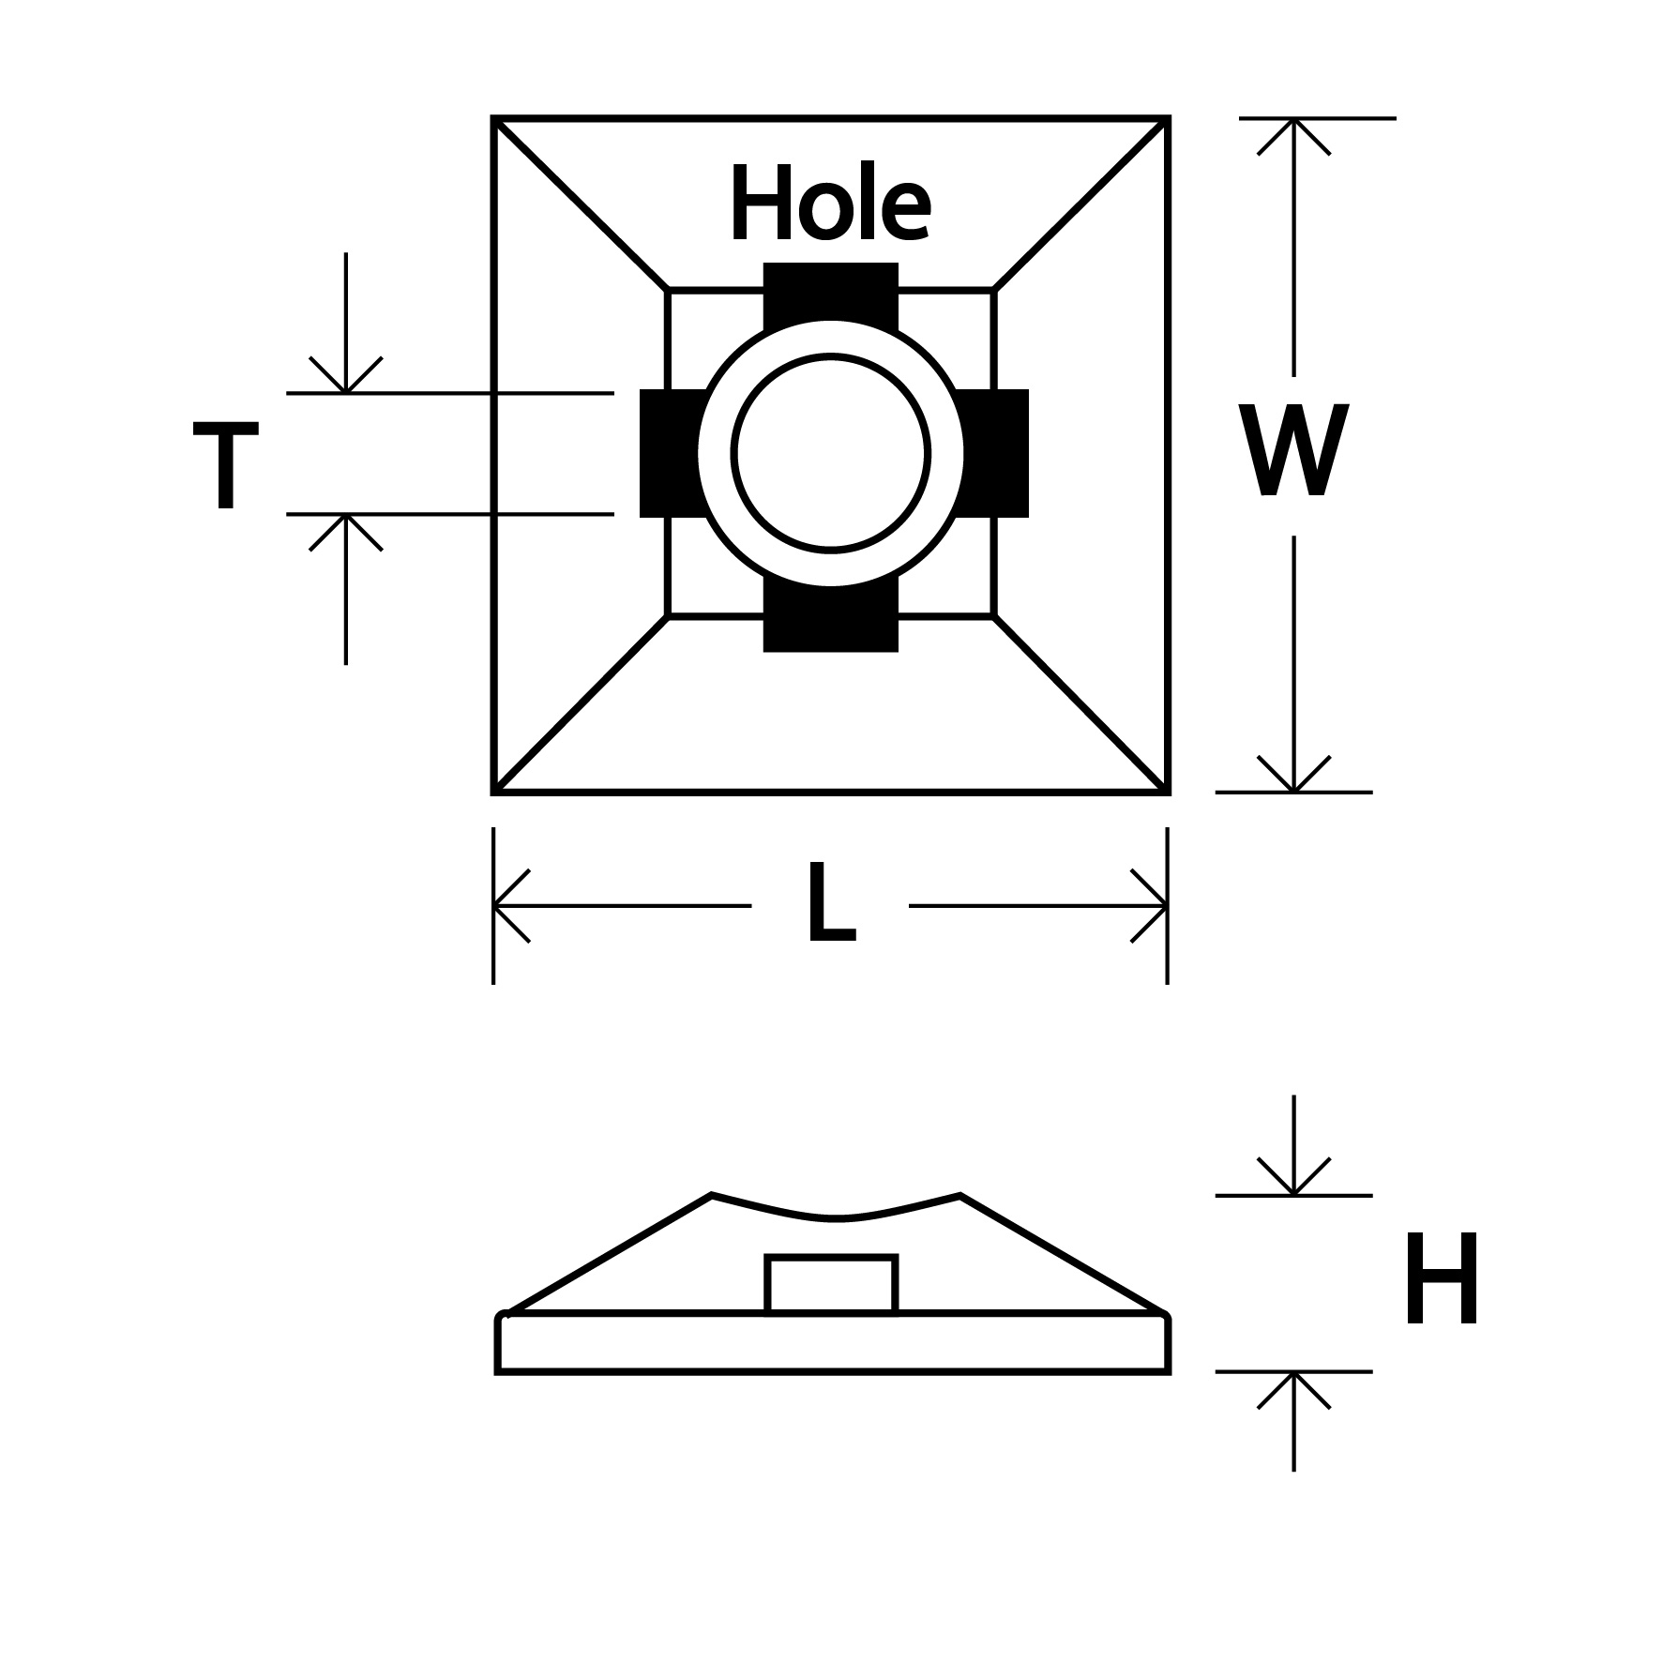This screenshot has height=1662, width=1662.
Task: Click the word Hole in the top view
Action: (x=830, y=204)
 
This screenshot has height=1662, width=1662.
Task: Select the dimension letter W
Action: (x=1293, y=451)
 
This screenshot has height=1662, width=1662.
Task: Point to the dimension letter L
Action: (x=831, y=904)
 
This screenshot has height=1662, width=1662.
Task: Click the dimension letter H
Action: (x=1442, y=1280)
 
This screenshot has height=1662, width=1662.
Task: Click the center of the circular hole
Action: (x=831, y=453)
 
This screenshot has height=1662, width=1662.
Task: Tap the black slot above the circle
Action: (x=831, y=293)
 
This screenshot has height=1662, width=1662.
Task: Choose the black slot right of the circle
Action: (x=996, y=453)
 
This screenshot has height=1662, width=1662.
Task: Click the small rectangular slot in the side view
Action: (x=831, y=1284)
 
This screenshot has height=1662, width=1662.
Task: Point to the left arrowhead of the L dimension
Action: (x=506, y=906)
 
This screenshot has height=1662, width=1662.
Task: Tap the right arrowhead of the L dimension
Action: (x=1155, y=906)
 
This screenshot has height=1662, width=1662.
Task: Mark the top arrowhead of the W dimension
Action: (x=1293, y=131)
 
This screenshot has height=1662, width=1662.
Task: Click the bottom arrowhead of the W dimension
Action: (x=1293, y=778)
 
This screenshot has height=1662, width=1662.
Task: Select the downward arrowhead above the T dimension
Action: (x=346, y=379)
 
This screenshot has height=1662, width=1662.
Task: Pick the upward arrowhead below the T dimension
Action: (x=346, y=527)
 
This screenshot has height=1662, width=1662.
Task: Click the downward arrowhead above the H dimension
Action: (x=1293, y=1182)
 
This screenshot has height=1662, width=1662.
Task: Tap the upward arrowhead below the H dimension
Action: (x=1293, y=1385)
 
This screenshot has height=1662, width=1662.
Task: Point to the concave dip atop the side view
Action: (x=835, y=1217)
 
